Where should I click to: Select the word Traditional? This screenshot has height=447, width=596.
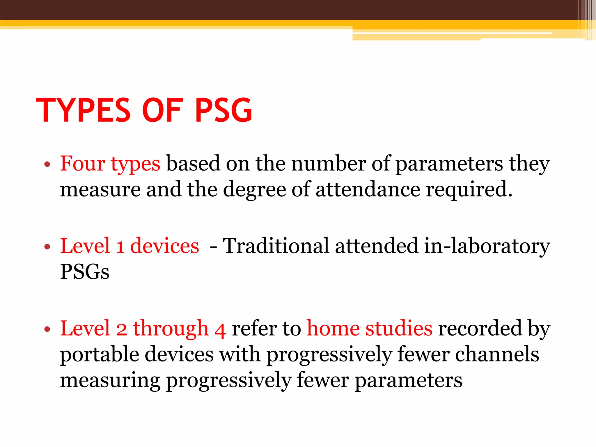click(x=276, y=246)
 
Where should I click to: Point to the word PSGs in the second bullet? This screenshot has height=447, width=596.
click(x=85, y=272)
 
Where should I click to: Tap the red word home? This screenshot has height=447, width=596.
click(x=333, y=329)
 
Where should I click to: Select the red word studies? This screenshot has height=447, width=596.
click(x=399, y=329)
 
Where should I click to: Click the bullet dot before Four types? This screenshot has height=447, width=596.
click(x=47, y=165)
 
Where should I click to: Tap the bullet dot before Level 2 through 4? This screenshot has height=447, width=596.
click(x=47, y=329)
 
